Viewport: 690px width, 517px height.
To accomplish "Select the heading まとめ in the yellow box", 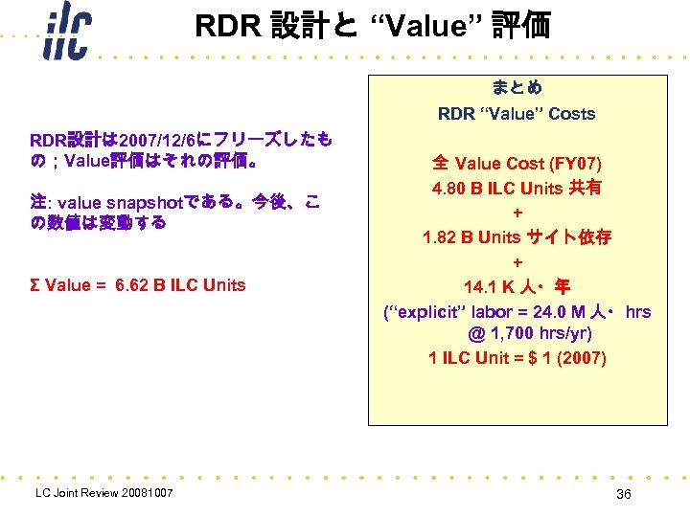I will coord(517,88).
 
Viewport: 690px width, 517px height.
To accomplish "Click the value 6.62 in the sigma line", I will coord(132,284).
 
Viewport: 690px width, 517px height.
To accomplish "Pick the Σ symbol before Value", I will coord(35,284).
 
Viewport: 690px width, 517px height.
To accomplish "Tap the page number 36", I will coord(624,494).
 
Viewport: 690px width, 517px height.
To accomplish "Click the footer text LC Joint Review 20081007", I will coord(103,493).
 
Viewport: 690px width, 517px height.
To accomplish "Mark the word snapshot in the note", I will coord(144,203).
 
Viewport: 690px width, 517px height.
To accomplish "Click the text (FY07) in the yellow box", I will coord(582,163).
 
